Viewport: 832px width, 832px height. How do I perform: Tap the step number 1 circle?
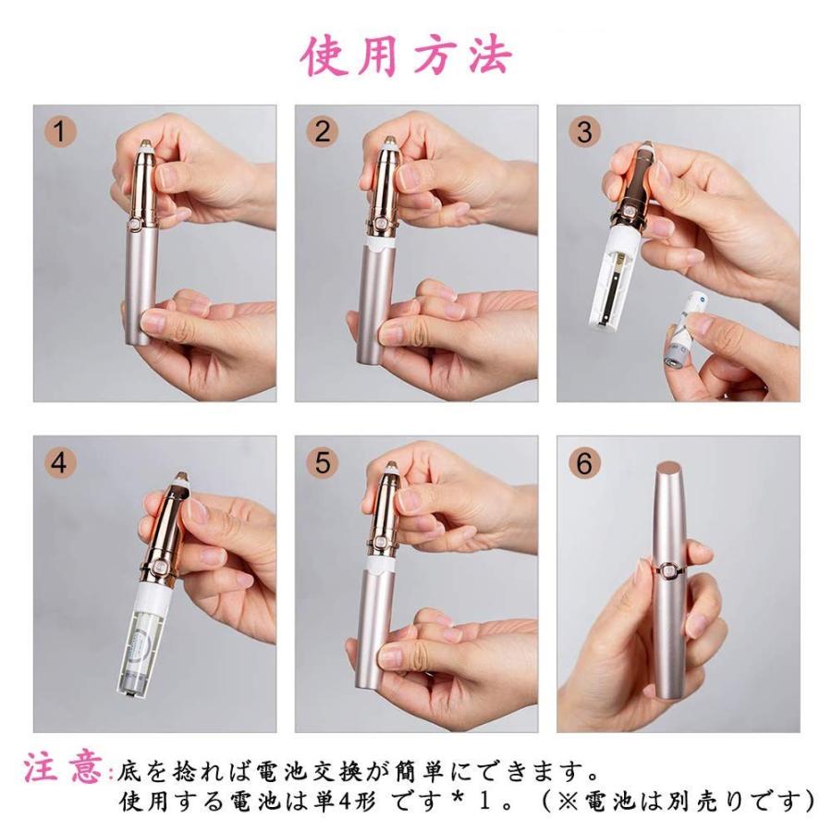[x=60, y=132]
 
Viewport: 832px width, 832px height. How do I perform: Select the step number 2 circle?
[x=322, y=132]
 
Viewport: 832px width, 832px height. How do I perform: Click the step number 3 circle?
[x=583, y=132]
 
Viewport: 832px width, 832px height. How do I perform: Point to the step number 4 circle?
[x=60, y=463]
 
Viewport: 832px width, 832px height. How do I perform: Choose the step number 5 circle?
[x=322, y=463]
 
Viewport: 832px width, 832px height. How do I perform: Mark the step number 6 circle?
[x=583, y=463]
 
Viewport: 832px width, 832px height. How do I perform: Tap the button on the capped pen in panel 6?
[x=661, y=572]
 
